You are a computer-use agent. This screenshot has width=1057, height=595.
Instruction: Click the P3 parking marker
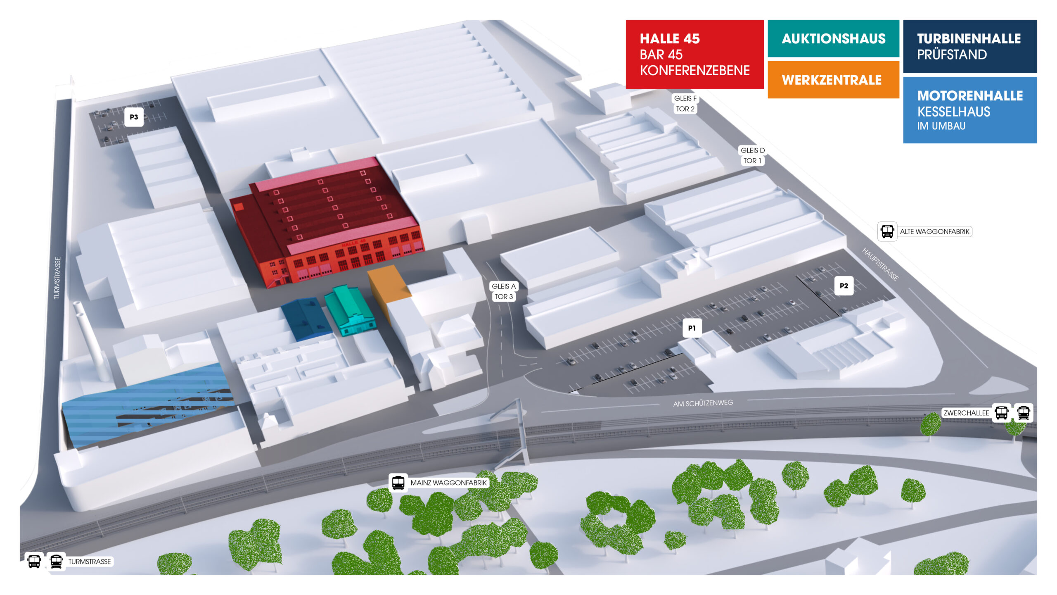[x=134, y=117]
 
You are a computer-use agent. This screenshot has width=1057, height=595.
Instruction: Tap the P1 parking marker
[x=692, y=328]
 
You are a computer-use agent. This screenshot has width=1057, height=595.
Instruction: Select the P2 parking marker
[x=844, y=286]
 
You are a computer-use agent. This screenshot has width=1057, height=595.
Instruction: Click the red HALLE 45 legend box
[x=694, y=54]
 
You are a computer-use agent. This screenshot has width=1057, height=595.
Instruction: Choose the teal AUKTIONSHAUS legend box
[x=833, y=38]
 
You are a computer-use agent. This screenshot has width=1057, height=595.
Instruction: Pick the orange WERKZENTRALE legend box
[x=833, y=80]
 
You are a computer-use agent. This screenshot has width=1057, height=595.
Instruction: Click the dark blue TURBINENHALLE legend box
[x=969, y=46]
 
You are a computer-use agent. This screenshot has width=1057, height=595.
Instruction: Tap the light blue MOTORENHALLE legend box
[x=969, y=110]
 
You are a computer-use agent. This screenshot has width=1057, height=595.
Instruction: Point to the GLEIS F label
[x=685, y=98]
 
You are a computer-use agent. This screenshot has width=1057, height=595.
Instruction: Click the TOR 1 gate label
[x=752, y=161]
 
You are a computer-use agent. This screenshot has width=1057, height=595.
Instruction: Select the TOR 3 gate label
[x=503, y=297]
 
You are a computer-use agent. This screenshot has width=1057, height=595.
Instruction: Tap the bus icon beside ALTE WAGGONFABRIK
[x=887, y=231]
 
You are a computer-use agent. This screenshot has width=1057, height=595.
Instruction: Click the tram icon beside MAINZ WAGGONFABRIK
[x=398, y=482]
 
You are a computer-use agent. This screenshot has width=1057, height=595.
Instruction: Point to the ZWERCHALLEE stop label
[x=966, y=413]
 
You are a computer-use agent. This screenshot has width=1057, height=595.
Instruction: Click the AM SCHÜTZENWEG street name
[x=703, y=403]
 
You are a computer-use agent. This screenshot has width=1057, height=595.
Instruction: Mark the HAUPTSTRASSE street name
[x=880, y=264]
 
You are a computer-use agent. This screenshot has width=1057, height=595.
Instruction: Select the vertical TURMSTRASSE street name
[x=57, y=278]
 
